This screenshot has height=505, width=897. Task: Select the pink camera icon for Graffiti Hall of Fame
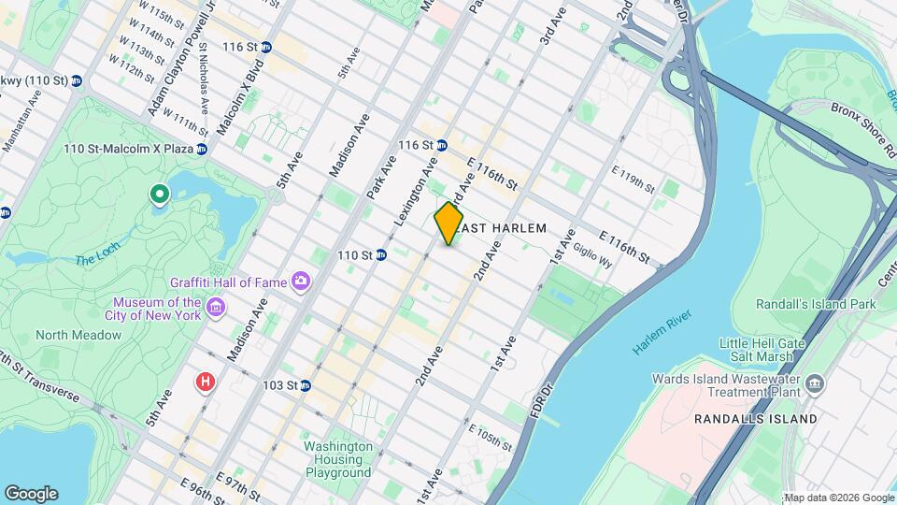[x=300, y=281]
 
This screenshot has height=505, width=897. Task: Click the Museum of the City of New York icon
[x=216, y=308]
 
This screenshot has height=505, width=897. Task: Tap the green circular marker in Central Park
[x=160, y=195]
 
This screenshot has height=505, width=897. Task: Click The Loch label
[x=96, y=260]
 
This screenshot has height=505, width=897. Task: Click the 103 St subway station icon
[x=305, y=385]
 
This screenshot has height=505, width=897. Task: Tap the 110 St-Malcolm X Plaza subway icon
[x=201, y=149]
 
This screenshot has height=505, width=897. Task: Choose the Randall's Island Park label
[x=816, y=304]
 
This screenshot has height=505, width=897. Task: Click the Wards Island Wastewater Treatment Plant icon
[x=815, y=383]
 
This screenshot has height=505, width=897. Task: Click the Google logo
[x=31, y=493]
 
